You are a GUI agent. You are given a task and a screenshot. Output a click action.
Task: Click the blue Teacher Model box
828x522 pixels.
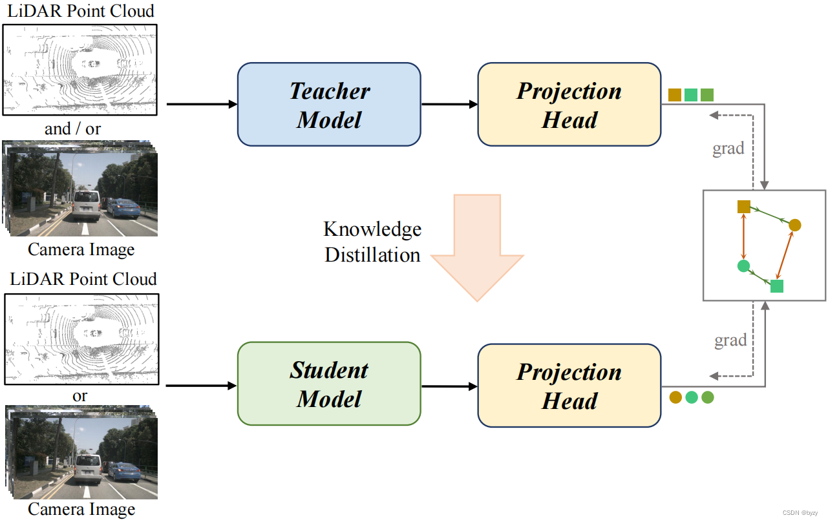tap(329, 105)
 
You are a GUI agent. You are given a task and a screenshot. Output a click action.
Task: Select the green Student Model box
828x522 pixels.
tap(329, 384)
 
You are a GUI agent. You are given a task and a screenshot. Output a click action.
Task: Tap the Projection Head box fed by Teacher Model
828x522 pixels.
tap(569, 105)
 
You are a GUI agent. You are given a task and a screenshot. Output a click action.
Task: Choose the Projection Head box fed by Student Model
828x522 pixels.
tap(569, 386)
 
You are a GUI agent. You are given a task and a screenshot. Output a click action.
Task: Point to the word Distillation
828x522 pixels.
tap(372, 255)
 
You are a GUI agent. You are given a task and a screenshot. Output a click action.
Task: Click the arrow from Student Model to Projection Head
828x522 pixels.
tap(449, 386)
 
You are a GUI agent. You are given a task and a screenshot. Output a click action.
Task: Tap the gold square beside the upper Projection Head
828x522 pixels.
tap(675, 95)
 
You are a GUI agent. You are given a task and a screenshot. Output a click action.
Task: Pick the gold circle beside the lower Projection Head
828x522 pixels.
tap(675, 397)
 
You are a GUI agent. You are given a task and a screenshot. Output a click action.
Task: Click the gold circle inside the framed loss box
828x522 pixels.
tap(795, 225)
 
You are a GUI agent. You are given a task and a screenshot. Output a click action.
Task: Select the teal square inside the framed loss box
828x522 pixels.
tap(777, 286)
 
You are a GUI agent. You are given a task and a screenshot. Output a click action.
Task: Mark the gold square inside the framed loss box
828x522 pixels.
tap(744, 206)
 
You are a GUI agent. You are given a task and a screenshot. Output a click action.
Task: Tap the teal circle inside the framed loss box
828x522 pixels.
tap(743, 266)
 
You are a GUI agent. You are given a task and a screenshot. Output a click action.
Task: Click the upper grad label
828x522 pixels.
tap(728, 149)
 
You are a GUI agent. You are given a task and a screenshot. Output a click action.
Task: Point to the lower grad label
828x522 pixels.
tap(730, 340)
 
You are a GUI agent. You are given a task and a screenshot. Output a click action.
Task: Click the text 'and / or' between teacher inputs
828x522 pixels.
tap(72, 129)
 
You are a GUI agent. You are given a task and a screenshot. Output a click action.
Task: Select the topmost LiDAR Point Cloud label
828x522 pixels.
tap(81, 10)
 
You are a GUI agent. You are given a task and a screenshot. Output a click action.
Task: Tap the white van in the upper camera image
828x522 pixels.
tap(85, 205)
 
